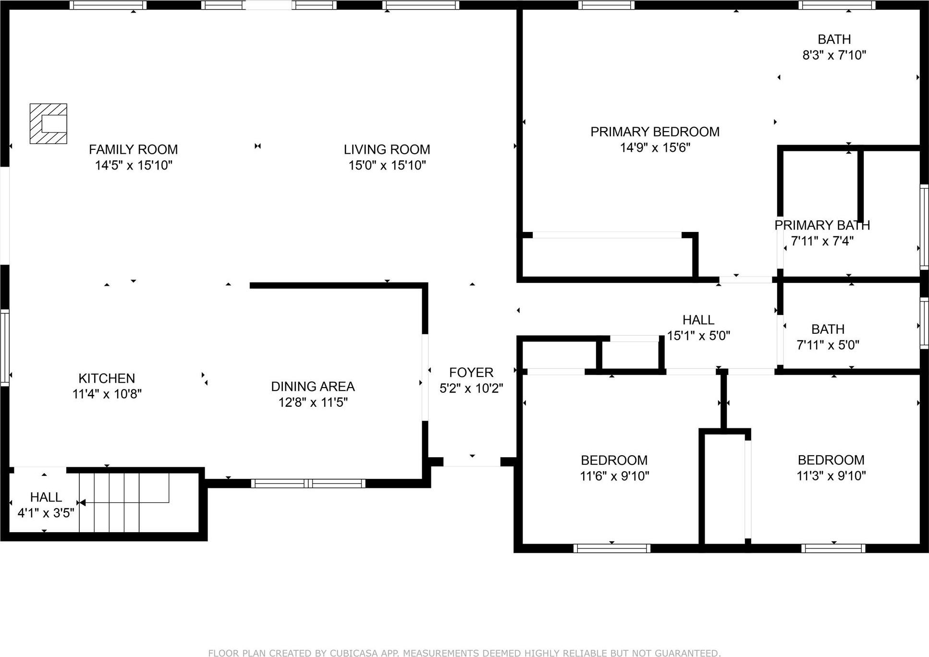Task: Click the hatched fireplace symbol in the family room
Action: click(48, 123)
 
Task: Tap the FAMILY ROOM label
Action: click(133, 149)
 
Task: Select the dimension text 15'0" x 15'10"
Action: click(387, 165)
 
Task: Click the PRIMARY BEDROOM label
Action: click(655, 132)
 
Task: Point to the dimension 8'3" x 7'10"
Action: click(834, 55)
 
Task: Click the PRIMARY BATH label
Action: click(822, 225)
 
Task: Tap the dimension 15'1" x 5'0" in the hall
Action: click(698, 336)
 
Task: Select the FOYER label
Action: click(471, 372)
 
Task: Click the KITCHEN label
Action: click(107, 378)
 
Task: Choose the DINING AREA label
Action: click(313, 386)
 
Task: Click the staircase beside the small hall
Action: click(124, 502)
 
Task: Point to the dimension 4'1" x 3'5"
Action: click(46, 513)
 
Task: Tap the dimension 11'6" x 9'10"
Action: click(614, 476)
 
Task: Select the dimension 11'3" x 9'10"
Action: click(831, 475)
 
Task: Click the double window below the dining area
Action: click(308, 483)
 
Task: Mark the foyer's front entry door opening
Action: click(472, 462)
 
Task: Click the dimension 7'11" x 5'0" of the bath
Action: click(828, 345)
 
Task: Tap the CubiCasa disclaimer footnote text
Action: click(464, 653)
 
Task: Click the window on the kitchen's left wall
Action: click(5, 347)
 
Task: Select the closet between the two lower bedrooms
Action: click(724, 487)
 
